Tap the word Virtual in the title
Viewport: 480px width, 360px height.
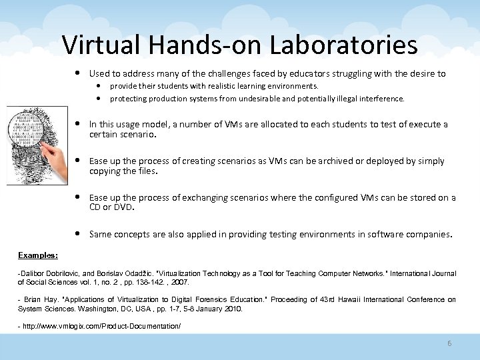[x=101, y=45]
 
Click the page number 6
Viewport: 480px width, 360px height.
[x=449, y=343]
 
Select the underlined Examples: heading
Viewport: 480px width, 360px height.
[x=38, y=255]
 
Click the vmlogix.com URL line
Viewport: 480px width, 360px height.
[x=101, y=326]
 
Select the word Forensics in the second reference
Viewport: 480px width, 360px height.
[x=221, y=300]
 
